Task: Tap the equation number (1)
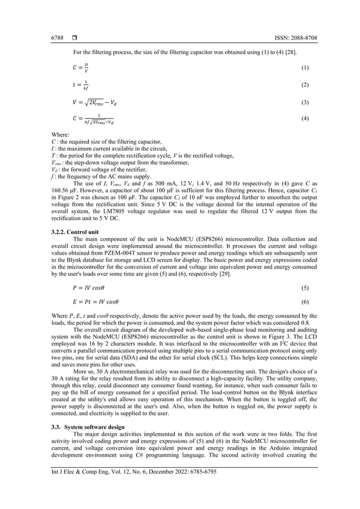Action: coord(305,68)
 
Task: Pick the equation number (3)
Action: coord(305,103)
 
